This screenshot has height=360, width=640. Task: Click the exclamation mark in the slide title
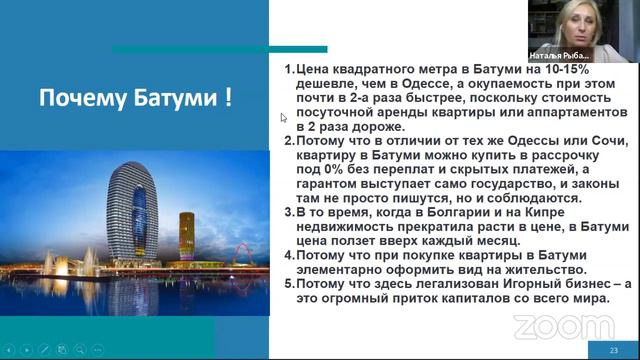[x=228, y=99]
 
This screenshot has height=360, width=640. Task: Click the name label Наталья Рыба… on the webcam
[x=559, y=56]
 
